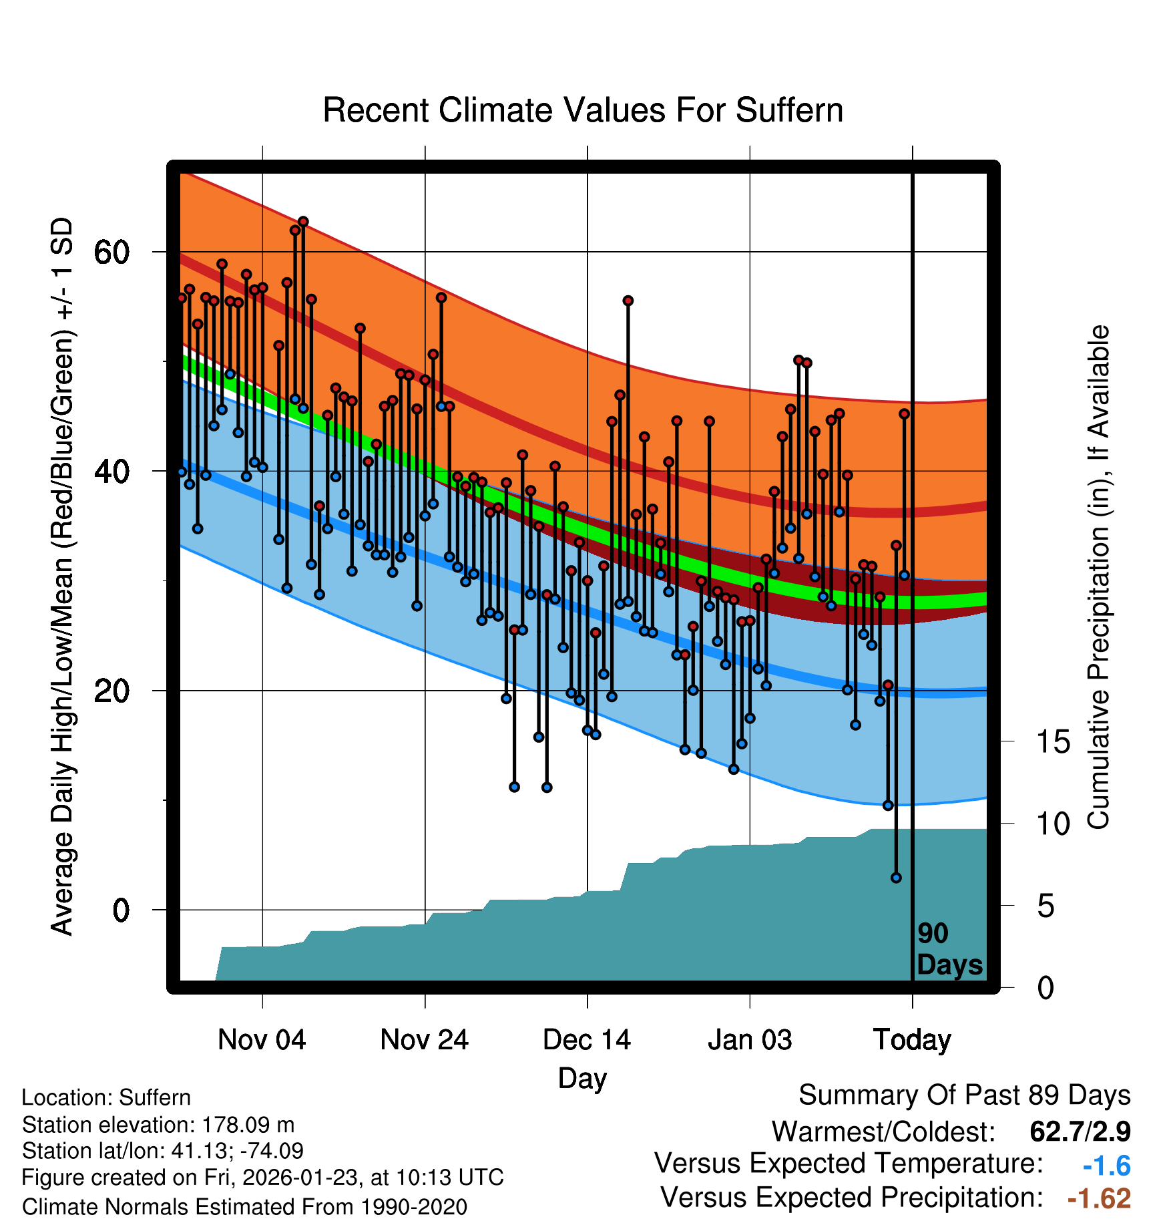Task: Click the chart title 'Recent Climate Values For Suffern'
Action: coord(582,110)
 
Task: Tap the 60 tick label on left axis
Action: coord(111,252)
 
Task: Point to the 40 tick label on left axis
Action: coord(111,472)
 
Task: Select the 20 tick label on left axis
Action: coord(111,691)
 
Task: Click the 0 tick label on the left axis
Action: coord(121,910)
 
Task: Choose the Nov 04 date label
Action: coord(262,1040)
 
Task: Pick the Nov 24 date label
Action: coord(425,1040)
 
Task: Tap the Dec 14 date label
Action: coord(587,1040)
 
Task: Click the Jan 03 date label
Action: coord(750,1040)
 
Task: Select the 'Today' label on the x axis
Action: coord(912,1040)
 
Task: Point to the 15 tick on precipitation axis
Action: coord(1054,742)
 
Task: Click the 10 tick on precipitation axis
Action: coord(1054,824)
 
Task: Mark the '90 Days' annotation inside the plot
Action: coord(949,949)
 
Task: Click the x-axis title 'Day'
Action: coord(582,1078)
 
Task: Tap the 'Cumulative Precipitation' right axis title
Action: coord(1098,578)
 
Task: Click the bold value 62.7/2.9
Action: coord(1080,1131)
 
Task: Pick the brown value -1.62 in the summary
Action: coord(1099,1198)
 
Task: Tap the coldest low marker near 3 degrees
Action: coord(896,878)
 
